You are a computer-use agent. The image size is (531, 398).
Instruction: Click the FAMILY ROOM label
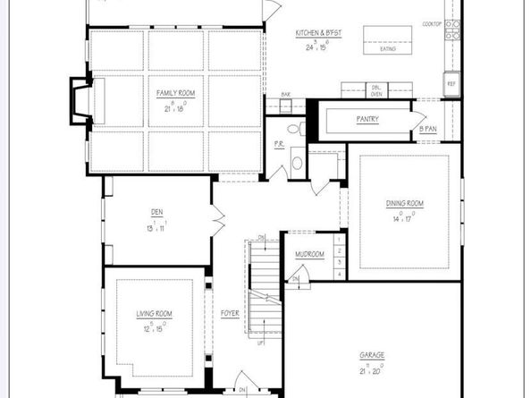pos(176,92)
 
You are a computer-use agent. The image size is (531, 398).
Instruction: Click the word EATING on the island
pos(387,49)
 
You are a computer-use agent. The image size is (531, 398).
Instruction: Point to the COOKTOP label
pos(432,23)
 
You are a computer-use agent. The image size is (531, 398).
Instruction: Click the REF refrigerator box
pos(451,84)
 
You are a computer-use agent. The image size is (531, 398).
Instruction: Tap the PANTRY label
pos(367,118)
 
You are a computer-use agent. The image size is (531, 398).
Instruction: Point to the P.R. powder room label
pos(278,143)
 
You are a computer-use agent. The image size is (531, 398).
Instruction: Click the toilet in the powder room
pos(297,163)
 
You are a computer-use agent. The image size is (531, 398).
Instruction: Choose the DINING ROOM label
pos(404,204)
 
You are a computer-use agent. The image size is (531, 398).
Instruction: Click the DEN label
pos(156,212)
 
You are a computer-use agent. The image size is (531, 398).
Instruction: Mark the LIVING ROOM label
pos(154,314)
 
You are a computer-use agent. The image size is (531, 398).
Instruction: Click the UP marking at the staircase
pos(260,342)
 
